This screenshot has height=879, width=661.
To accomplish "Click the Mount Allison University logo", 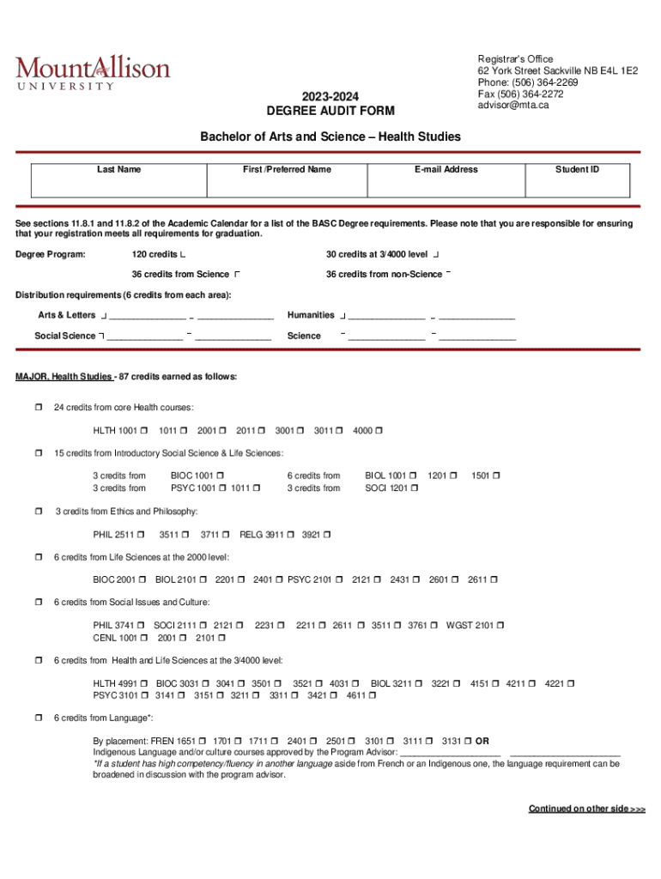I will coord(92,71).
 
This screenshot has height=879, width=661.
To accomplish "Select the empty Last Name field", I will coord(119,185).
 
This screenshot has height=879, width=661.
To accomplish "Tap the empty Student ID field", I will coord(577,185).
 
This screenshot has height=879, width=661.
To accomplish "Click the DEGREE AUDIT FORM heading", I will coord(330,111).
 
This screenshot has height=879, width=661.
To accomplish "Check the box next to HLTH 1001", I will coord(143,431).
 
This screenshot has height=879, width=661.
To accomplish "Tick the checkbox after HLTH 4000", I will coord(379,431).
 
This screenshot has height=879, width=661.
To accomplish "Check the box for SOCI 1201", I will coord(415,488).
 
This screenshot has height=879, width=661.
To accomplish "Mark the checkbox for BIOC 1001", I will coord(221,476).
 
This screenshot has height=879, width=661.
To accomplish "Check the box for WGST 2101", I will coord(500,626).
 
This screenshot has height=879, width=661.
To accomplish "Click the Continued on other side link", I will coord(586,809).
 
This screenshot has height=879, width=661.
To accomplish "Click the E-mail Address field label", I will coord(446,170).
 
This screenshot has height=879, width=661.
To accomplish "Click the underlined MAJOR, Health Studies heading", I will coord(64,377).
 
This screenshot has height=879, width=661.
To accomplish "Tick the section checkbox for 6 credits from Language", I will coord(39,718).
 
